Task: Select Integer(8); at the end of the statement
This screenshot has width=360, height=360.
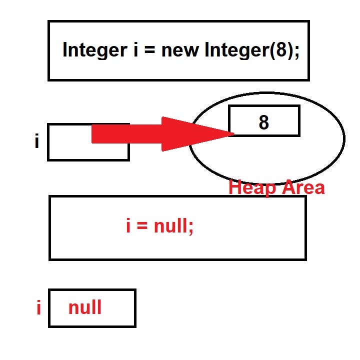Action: tap(252, 50)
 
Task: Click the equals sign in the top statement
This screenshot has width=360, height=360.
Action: tap(150, 50)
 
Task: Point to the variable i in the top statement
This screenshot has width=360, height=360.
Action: tap(135, 50)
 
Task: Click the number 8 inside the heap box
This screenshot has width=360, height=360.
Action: tap(263, 122)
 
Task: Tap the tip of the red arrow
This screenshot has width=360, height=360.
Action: tap(232, 133)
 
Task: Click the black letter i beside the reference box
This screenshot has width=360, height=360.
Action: tap(36, 141)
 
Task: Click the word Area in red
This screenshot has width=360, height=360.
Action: tap(302, 187)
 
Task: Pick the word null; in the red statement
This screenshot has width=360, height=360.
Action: tap(173, 226)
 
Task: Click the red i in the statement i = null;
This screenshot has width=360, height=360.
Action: tap(128, 226)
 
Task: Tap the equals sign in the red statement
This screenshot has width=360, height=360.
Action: tap(142, 227)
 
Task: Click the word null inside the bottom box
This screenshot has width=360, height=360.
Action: tap(85, 307)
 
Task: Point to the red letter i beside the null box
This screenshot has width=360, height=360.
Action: tap(38, 308)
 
